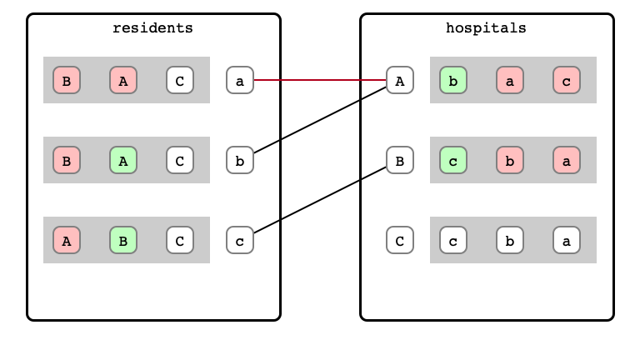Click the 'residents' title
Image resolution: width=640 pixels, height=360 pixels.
click(x=152, y=28)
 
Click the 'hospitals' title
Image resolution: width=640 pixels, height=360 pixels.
click(x=486, y=28)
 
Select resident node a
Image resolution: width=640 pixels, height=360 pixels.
click(x=240, y=80)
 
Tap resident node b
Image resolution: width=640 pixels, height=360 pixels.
click(x=240, y=160)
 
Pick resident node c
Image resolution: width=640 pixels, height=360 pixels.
click(x=240, y=240)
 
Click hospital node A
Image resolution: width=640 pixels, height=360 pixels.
click(x=400, y=80)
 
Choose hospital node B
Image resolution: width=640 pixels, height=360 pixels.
click(x=400, y=160)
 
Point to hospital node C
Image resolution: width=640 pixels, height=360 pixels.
click(x=400, y=240)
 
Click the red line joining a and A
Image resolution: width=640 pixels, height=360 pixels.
click(x=320, y=80)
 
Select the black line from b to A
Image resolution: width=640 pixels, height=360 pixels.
click(x=320, y=120)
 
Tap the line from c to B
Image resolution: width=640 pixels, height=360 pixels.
click(x=320, y=200)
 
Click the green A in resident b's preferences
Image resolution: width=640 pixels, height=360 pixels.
click(x=123, y=160)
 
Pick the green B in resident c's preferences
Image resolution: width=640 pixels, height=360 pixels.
click(x=123, y=240)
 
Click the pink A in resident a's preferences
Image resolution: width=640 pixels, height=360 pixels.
click(x=123, y=80)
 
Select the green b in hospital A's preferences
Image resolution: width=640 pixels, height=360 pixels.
click(x=453, y=80)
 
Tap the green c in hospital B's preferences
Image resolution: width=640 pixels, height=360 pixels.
click(x=453, y=160)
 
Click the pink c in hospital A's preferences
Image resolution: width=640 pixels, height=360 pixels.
click(x=567, y=80)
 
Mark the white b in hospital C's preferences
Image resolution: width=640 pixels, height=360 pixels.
click(x=510, y=240)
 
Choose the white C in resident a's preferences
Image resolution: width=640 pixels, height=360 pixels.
click(x=180, y=80)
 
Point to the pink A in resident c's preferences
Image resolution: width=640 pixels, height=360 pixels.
click(x=67, y=240)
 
